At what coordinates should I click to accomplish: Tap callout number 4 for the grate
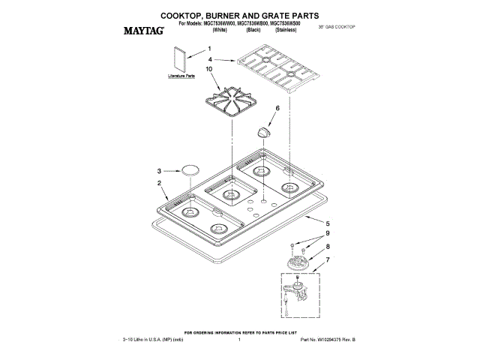point(211,59)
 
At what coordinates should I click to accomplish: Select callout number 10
point(209,69)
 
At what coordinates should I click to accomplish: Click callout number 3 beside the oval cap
point(159,170)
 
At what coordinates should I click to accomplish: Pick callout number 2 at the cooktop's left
point(159,183)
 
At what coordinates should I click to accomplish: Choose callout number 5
point(327,223)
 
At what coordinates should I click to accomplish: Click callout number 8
point(327,246)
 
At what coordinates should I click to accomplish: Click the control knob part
point(262,132)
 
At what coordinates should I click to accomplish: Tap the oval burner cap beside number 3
point(190,169)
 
